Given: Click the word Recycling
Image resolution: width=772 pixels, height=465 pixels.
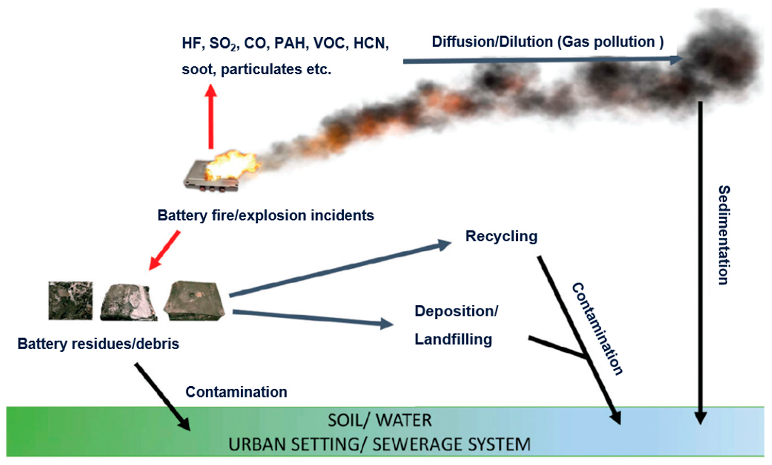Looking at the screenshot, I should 501,236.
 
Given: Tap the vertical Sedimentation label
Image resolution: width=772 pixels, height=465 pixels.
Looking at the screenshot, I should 724,235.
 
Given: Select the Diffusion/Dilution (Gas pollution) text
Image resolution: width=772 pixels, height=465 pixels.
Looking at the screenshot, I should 548,42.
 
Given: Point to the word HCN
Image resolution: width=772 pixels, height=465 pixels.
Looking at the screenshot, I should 370,43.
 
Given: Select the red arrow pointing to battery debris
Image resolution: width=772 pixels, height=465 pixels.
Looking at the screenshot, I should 164,250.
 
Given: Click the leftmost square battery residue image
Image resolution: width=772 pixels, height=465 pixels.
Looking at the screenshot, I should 71,301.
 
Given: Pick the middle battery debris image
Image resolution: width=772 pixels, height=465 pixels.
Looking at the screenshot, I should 128,302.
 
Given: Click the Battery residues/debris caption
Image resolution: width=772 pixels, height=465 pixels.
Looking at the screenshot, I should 98,344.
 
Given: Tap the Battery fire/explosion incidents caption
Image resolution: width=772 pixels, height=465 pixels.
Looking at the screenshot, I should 266,215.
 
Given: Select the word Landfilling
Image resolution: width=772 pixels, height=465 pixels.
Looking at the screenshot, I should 453,339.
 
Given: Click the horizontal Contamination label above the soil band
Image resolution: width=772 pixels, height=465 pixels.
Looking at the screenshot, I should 236,392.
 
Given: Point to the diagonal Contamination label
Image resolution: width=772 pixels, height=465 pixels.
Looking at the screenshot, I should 597,329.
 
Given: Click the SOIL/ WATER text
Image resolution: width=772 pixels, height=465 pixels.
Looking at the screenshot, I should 380,420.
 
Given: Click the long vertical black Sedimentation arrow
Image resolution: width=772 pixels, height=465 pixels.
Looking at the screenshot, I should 700,260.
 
